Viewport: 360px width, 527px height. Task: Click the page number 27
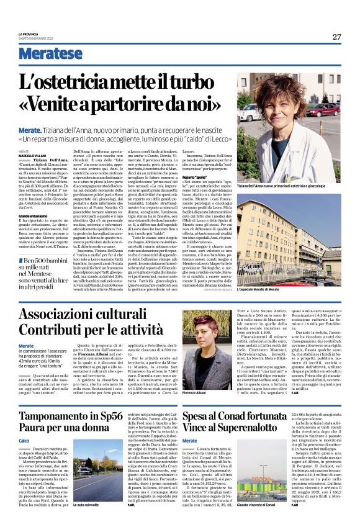(336, 37)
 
